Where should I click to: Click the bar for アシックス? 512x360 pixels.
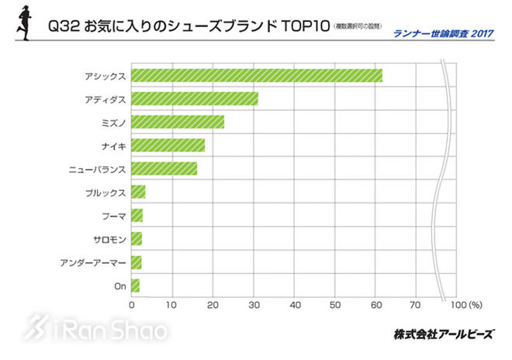(x=256, y=75)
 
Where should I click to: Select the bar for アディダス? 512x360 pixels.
(x=194, y=99)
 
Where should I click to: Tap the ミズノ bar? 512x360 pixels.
(x=177, y=122)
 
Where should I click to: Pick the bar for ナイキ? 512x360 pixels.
(x=168, y=145)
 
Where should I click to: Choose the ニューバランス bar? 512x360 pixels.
(x=164, y=168)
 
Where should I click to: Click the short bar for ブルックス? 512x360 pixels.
(x=138, y=192)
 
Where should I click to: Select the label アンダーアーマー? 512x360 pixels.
(x=93, y=262)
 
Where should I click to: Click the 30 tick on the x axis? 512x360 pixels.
(x=253, y=305)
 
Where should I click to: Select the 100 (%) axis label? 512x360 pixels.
(x=466, y=305)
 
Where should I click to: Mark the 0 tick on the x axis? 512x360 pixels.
(x=132, y=305)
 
